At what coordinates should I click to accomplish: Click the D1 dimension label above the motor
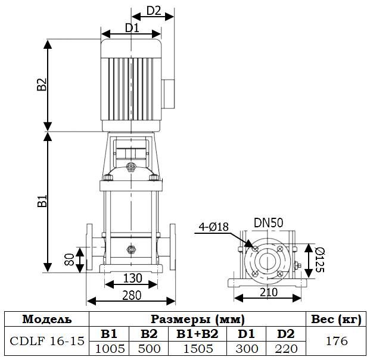pos(132,27)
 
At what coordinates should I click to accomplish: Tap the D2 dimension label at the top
pos(154,11)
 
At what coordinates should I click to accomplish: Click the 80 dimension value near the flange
pos(69,259)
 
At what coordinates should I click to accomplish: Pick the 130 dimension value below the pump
pos(132,278)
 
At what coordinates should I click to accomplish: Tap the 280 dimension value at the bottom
pos(132,295)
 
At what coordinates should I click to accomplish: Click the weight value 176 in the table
pos(335,341)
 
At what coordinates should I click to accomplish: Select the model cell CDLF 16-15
pos(46,341)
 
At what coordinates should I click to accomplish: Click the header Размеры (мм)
pos(197,319)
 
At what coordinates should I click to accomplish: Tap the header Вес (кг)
pos(335,319)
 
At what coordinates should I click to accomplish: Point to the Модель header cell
pos(46,319)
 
